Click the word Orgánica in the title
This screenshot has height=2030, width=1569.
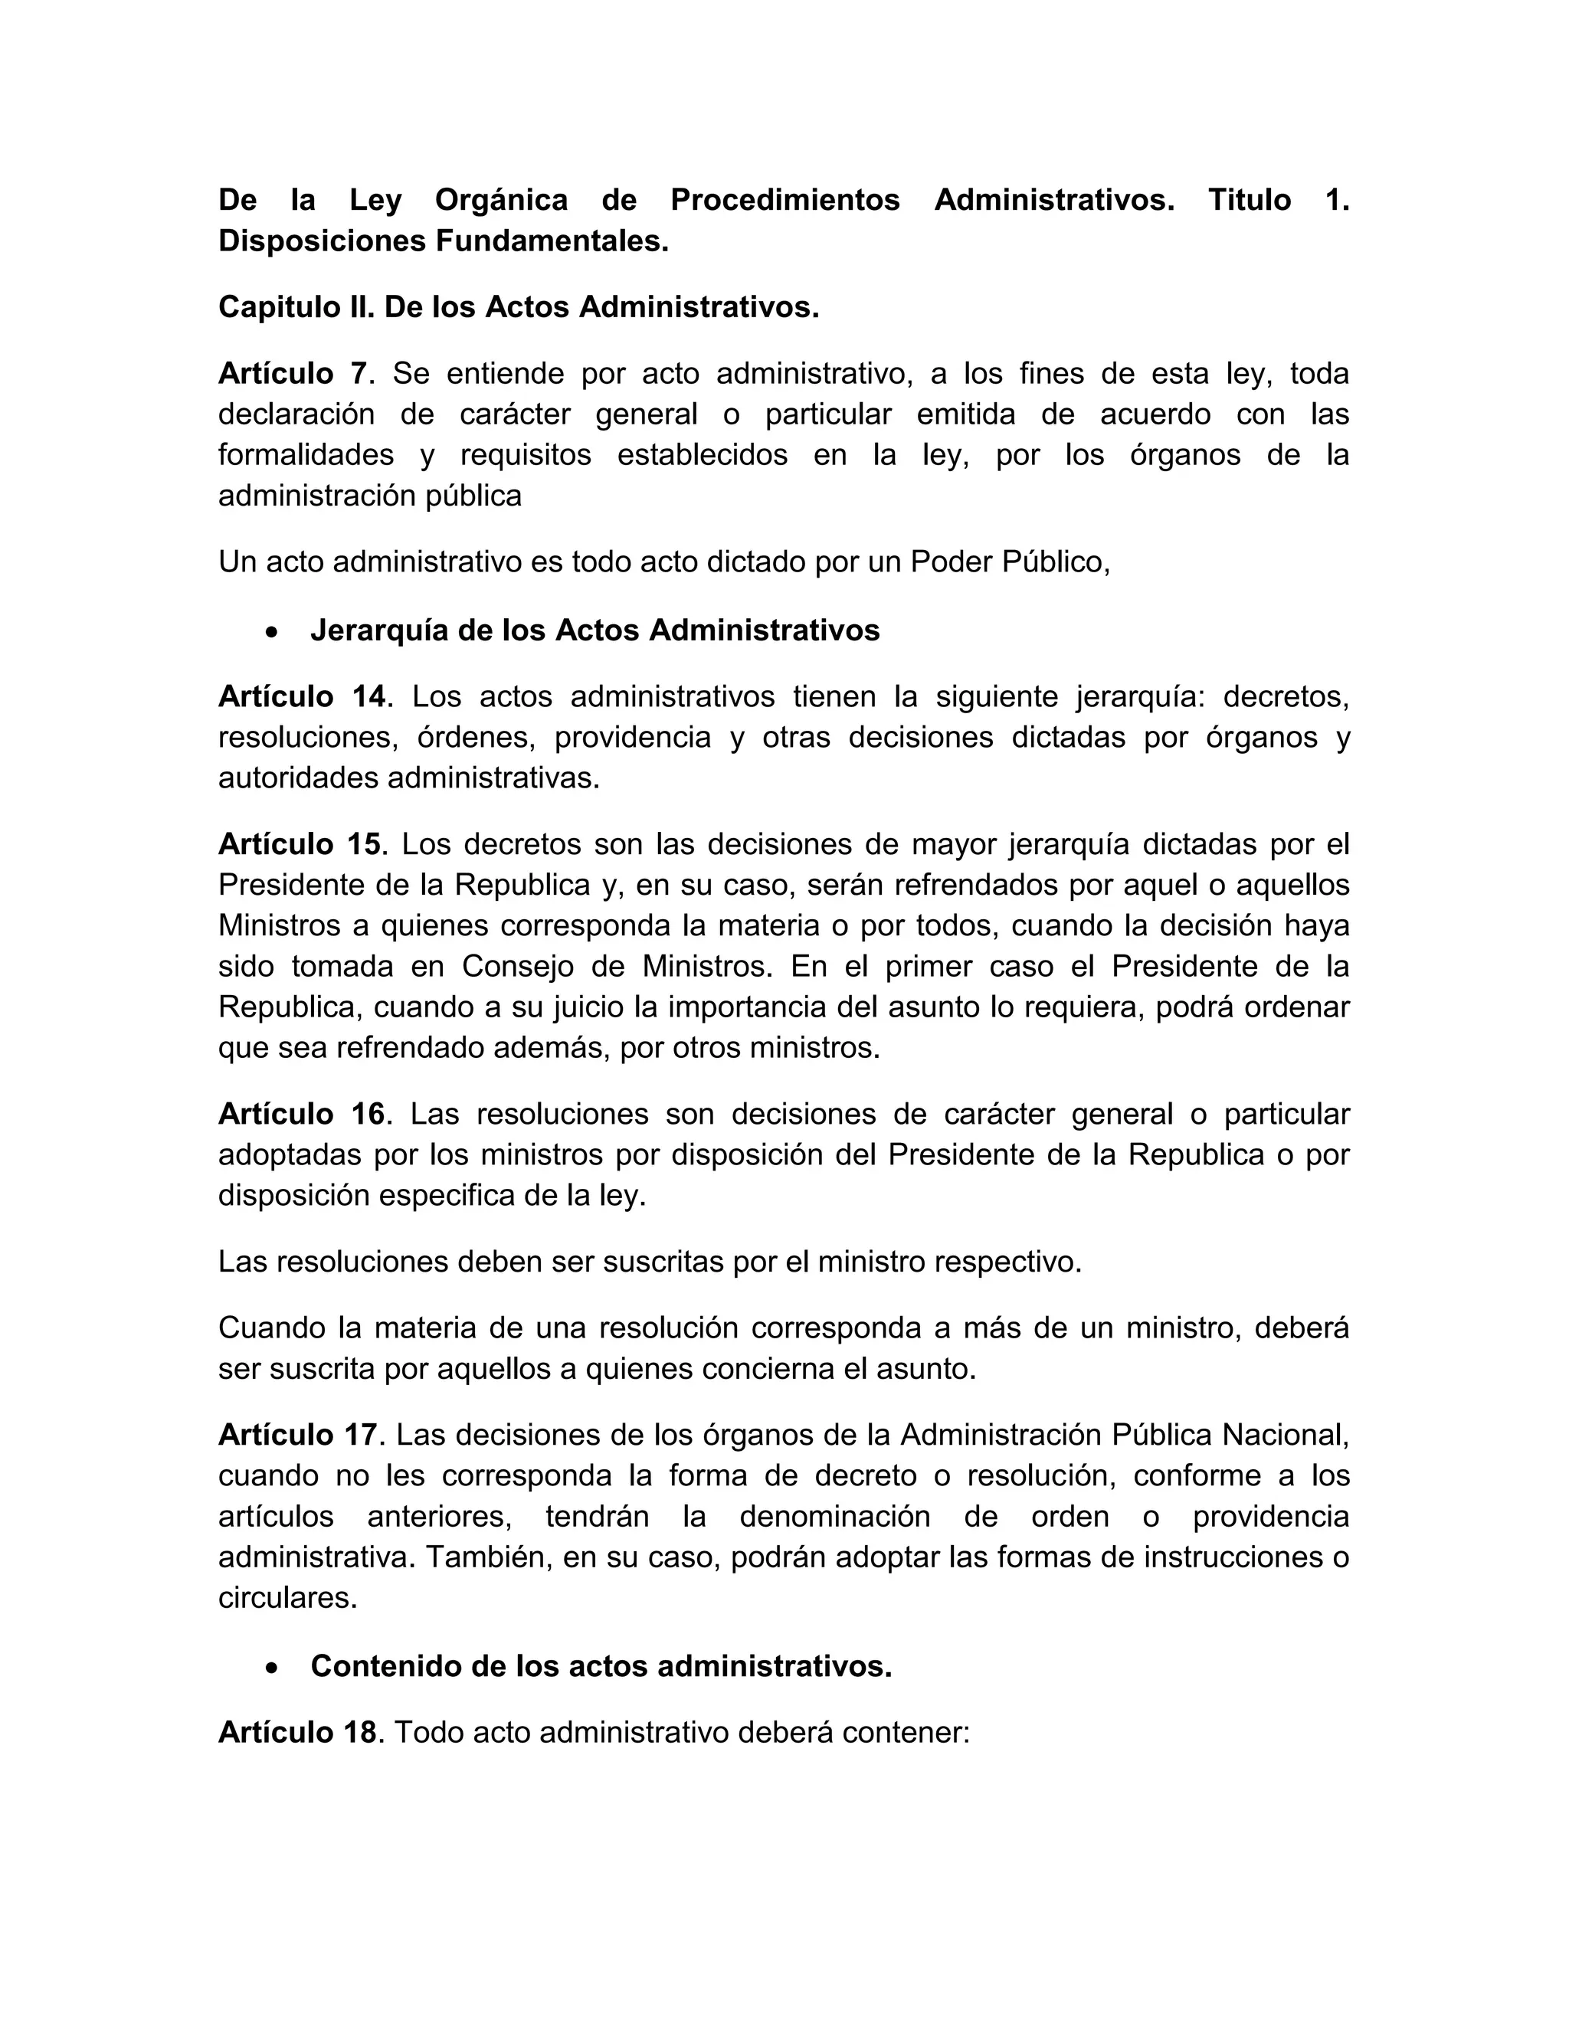tap(501, 200)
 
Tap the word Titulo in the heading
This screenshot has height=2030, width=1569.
tap(1248, 200)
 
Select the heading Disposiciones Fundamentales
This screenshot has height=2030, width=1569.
tap(444, 241)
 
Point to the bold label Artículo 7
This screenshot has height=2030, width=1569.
tap(293, 374)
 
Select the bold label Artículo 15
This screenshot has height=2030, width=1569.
tap(300, 844)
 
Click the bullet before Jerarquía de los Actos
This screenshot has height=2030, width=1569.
tap(270, 632)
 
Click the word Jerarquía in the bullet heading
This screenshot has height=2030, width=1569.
tap(380, 630)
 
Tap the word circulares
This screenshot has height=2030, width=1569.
tap(287, 1599)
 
